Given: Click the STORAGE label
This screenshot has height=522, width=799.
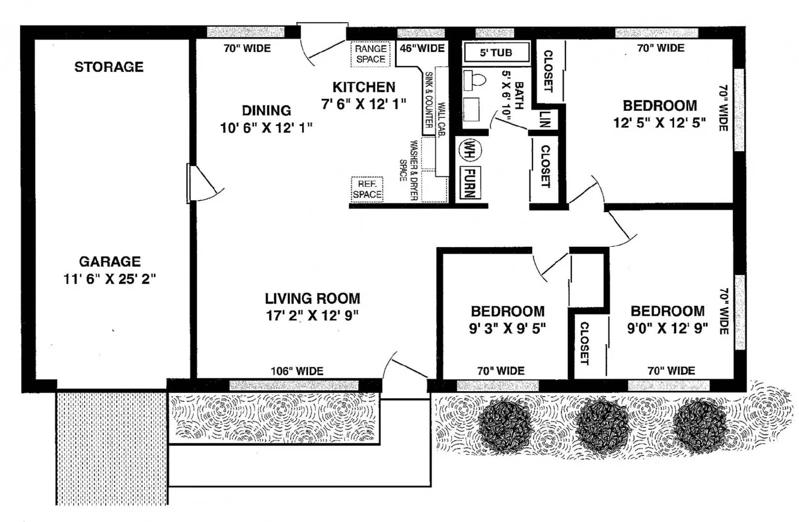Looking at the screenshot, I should point(109,67).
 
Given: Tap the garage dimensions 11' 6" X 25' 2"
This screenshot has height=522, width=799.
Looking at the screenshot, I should point(109,279).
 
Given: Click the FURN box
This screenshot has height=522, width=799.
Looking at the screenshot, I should point(469,183).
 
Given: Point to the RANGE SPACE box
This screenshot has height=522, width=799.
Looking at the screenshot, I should point(370,54).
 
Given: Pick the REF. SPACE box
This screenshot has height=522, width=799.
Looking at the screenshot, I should point(367,189).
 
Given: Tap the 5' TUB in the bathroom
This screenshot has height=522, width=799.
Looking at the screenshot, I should point(496,52).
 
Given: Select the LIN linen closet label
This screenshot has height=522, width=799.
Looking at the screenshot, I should point(545,119).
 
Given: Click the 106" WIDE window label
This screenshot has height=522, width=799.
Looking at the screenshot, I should point(297,371).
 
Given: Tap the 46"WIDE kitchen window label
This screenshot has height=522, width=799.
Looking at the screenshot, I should point(422,48).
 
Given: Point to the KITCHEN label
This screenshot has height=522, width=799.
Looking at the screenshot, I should point(364,87).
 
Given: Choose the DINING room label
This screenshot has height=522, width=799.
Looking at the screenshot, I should point(266,110).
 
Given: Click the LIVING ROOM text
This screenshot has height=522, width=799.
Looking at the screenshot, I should point(312,299).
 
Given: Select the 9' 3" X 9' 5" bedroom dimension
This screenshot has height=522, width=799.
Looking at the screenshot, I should point(507,328).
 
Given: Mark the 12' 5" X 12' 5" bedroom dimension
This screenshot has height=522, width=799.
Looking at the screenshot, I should point(659,123).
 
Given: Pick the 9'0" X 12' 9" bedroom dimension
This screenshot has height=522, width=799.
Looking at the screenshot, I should point(667,328).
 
